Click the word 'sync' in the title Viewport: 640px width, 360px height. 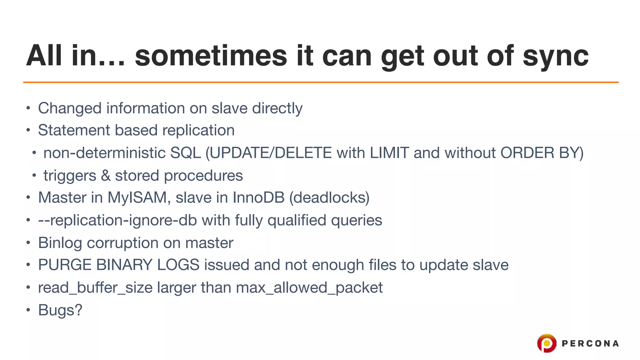point(555,56)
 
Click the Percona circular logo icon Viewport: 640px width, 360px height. point(547,343)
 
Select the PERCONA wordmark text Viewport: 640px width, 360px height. point(590,344)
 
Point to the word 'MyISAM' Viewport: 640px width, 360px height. point(137,198)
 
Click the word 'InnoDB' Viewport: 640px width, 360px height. point(258,197)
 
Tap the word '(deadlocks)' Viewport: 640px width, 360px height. point(329,197)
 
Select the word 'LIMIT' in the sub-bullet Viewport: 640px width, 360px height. point(389,153)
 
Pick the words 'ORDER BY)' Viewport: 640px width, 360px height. point(542,153)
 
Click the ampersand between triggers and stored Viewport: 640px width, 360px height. point(106,176)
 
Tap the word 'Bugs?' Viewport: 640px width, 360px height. point(60,310)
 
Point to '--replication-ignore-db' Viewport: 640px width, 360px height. point(117,220)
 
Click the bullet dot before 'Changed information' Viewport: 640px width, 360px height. point(28,108)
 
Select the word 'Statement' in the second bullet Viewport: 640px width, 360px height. point(74,130)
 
